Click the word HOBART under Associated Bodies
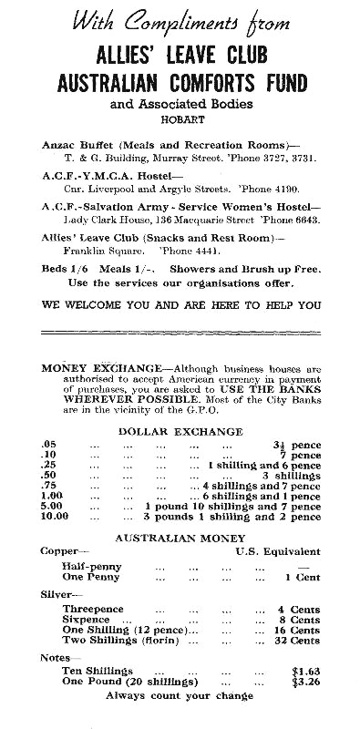click(x=179, y=118)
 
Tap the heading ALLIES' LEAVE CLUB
click(x=179, y=56)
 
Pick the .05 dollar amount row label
click(x=49, y=444)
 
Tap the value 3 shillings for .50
click(x=292, y=475)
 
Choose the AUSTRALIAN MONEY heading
click(x=179, y=537)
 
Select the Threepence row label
click(x=93, y=608)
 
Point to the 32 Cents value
click(x=298, y=641)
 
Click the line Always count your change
click(x=179, y=695)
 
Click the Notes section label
click(x=57, y=656)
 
